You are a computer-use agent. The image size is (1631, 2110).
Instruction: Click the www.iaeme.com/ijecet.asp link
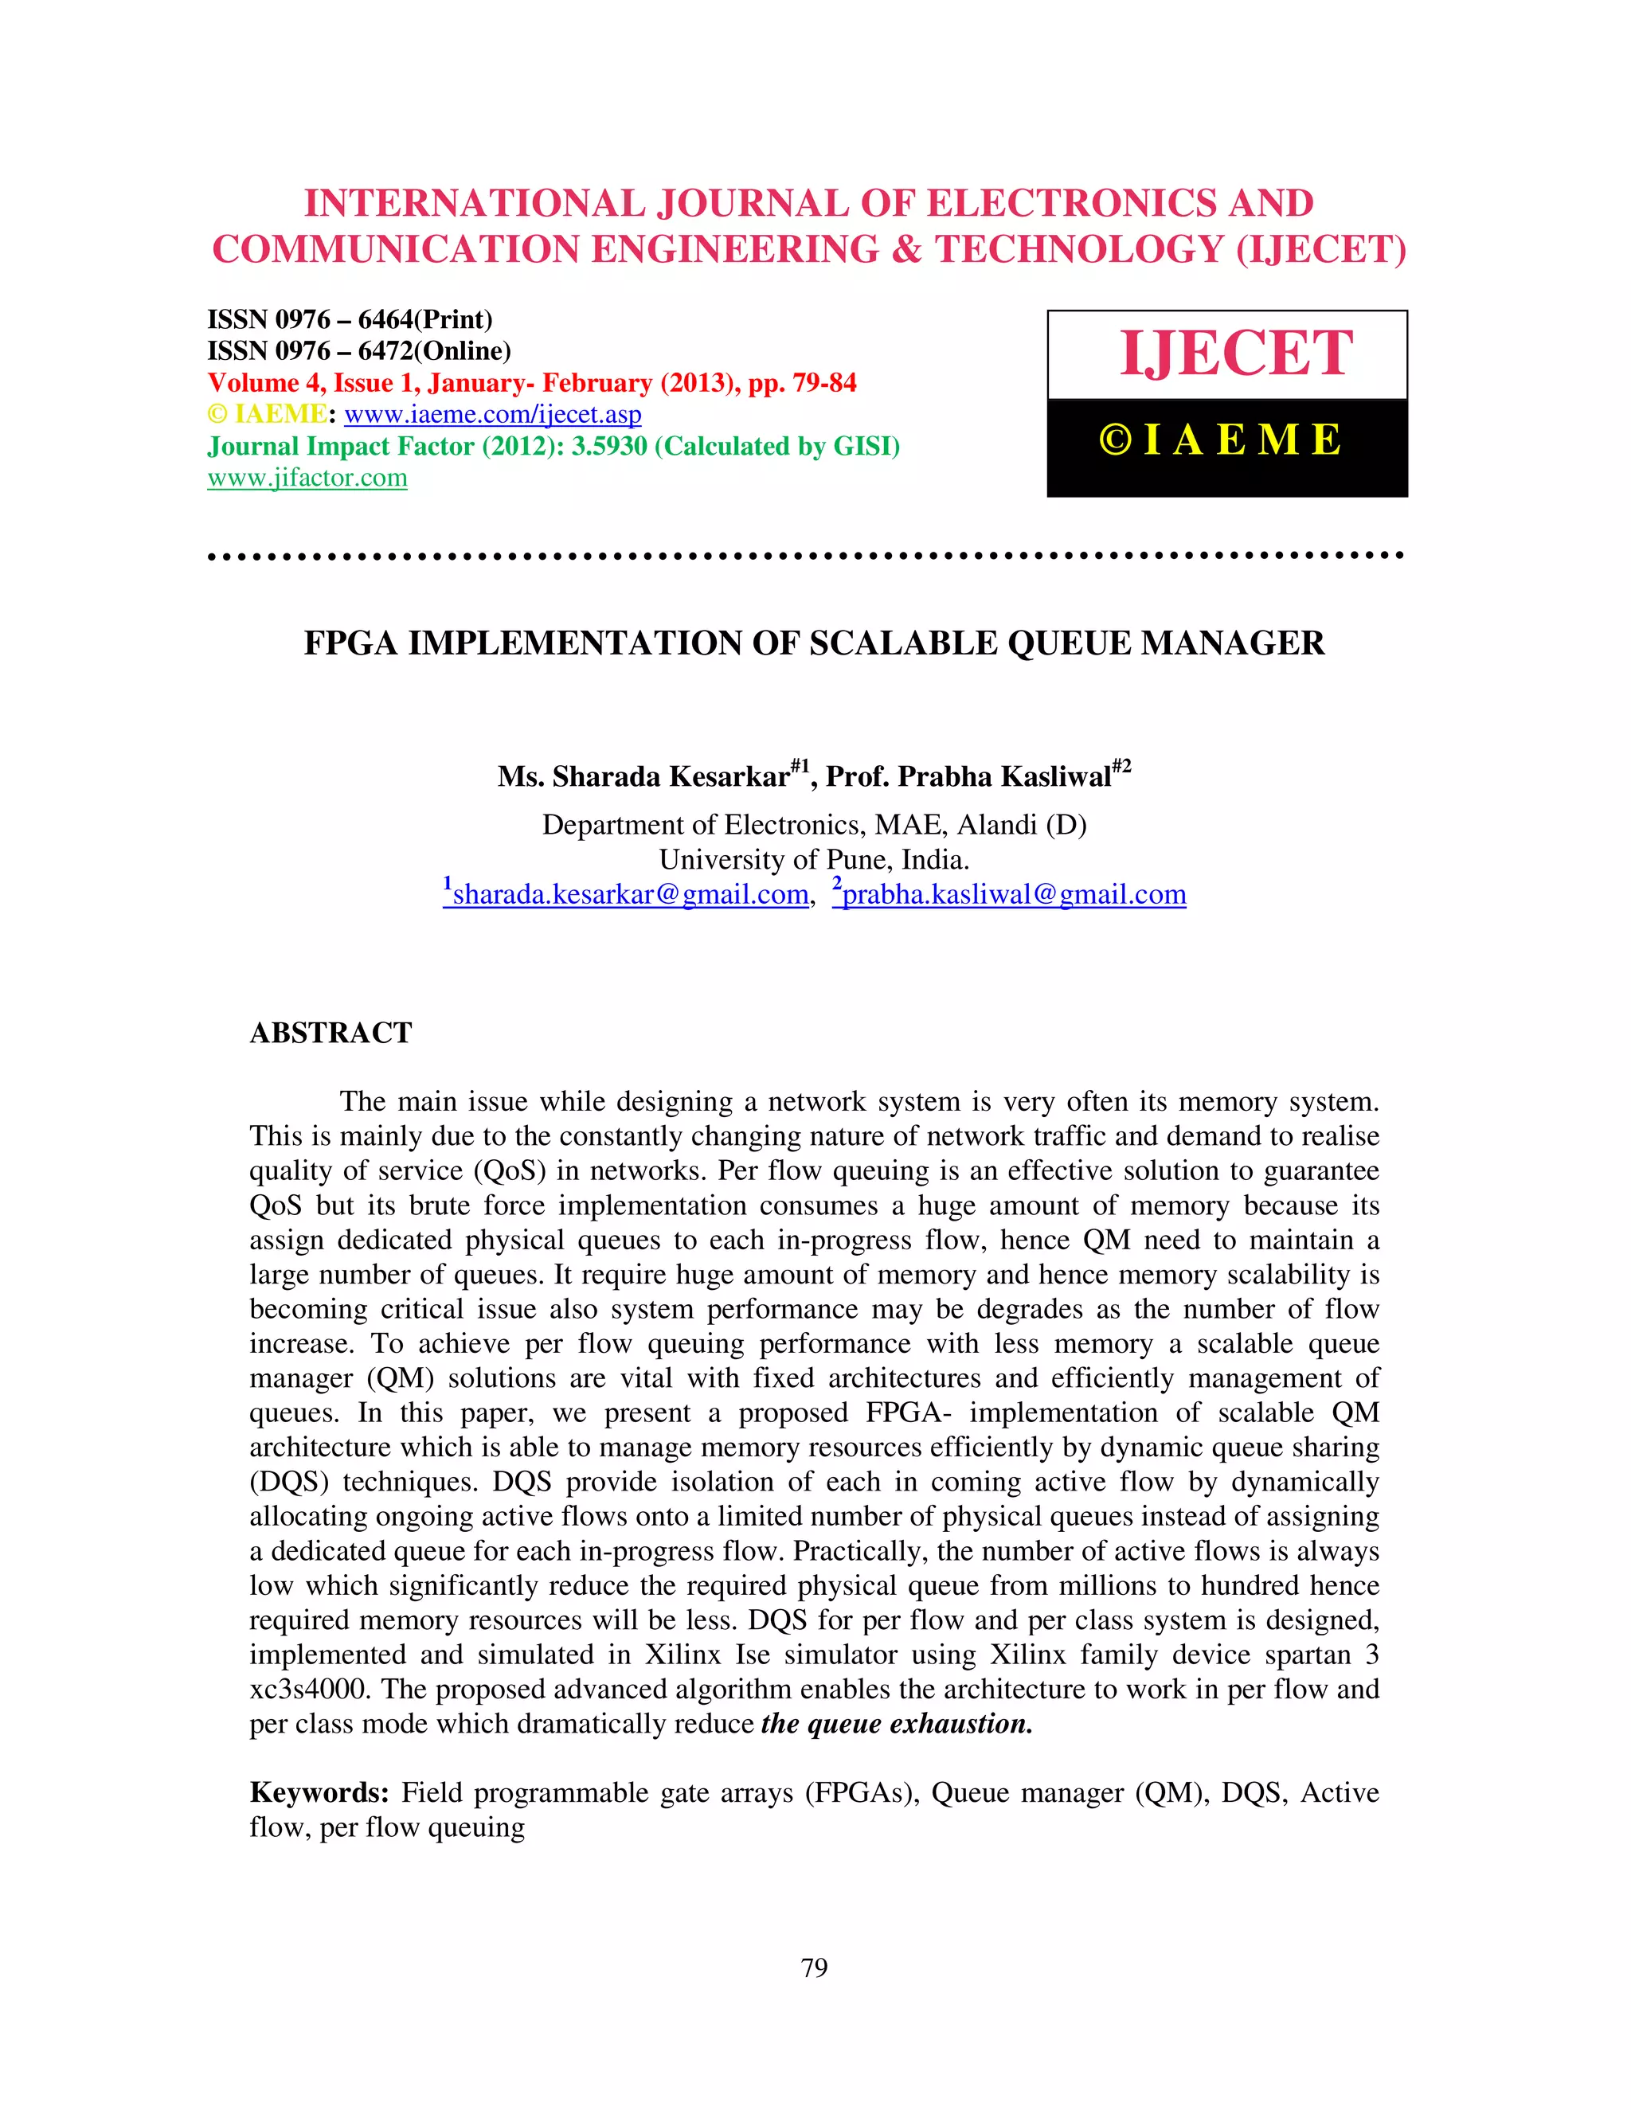pyautogui.click(x=492, y=415)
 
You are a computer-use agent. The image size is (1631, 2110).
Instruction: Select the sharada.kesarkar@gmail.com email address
pyautogui.click(x=630, y=895)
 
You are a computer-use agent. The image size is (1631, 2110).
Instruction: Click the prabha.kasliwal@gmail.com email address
pyautogui.click(x=1014, y=895)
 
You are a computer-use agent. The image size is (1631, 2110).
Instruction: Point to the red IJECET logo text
pyautogui.click(x=1236, y=354)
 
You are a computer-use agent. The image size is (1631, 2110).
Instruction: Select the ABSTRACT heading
pyautogui.click(x=331, y=1033)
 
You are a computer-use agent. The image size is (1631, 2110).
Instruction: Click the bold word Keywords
pyautogui.click(x=319, y=1792)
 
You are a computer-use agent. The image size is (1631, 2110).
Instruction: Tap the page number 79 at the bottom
pyautogui.click(x=815, y=1968)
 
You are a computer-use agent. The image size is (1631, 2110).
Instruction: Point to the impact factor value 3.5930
pyautogui.click(x=608, y=447)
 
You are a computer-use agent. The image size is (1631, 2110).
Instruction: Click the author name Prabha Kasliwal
pyautogui.click(x=1004, y=777)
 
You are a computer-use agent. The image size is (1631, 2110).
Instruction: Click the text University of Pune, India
pyautogui.click(x=814, y=860)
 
